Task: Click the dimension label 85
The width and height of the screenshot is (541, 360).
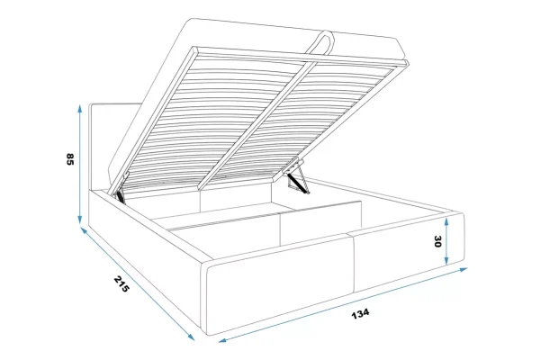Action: [70, 159]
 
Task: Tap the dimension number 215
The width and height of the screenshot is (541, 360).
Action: [122, 283]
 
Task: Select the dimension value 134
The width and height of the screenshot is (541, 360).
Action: [360, 314]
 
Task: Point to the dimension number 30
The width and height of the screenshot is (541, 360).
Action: [437, 241]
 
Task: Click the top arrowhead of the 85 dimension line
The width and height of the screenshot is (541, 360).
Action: [80, 108]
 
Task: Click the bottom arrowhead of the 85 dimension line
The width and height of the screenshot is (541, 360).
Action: [80, 220]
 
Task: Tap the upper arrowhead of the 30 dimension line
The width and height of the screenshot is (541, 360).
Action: [446, 221]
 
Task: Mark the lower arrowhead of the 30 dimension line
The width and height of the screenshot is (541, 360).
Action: [446, 261]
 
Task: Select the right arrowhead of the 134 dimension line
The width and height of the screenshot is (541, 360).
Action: [464, 270]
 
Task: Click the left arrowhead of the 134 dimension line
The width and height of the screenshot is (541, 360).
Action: [222, 341]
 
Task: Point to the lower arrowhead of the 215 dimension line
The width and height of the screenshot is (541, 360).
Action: [191, 337]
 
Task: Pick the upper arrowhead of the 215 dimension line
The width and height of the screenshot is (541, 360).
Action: [85, 230]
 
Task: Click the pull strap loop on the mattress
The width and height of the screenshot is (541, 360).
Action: [320, 42]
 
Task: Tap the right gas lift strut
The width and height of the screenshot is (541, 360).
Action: [298, 182]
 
